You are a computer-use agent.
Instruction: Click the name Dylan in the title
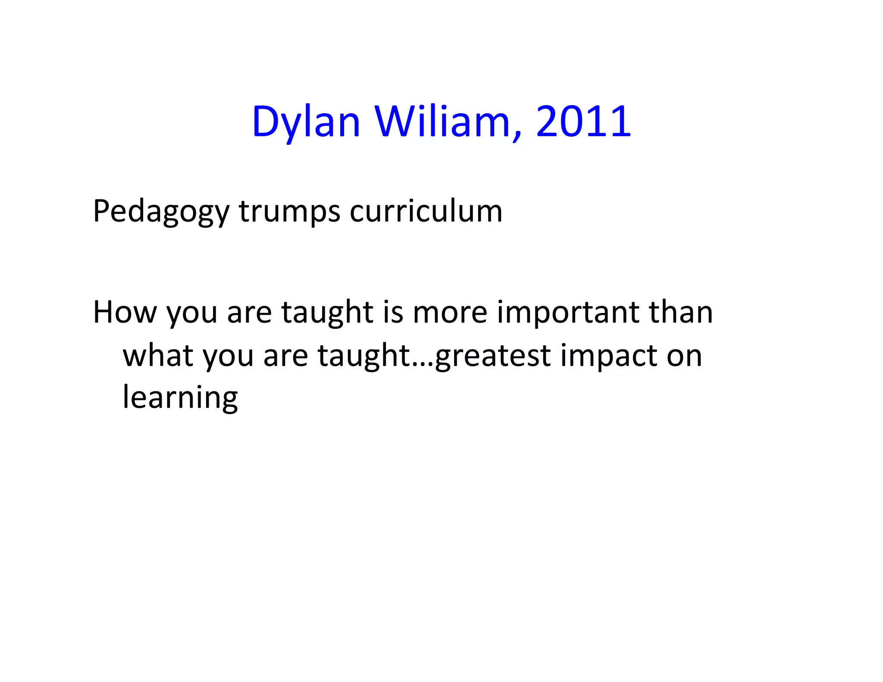coord(306,122)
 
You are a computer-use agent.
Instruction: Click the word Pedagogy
coord(161,212)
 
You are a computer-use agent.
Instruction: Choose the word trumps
coord(289,212)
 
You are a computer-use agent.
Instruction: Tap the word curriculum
coord(426,211)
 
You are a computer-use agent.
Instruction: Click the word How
coord(125,312)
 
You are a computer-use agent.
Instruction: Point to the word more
coord(450,313)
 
